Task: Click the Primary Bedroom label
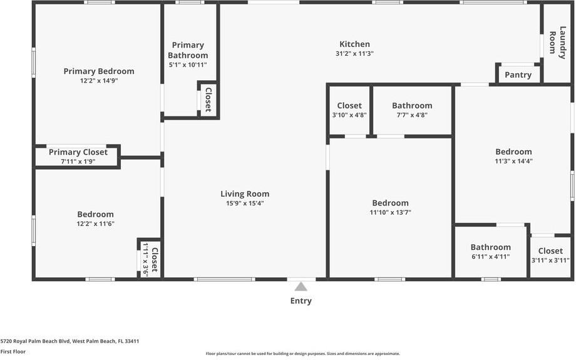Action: click(x=98, y=71)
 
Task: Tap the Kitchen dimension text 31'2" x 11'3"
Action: click(x=354, y=54)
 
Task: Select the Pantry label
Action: click(x=518, y=75)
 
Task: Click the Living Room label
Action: click(x=245, y=194)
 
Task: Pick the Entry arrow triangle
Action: click(x=301, y=286)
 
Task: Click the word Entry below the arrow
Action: click(x=301, y=301)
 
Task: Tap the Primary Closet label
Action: click(x=78, y=152)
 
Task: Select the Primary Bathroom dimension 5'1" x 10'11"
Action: click(x=188, y=64)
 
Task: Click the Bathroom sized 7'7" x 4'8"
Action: click(x=412, y=106)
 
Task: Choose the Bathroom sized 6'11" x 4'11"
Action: click(x=491, y=247)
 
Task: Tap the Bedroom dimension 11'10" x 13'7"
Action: click(x=390, y=212)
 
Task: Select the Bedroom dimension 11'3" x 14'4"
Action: click(x=513, y=161)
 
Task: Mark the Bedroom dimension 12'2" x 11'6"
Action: click(x=95, y=224)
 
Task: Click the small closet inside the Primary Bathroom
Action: click(x=208, y=100)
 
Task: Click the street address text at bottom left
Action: click(x=69, y=341)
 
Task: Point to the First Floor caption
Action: click(x=13, y=352)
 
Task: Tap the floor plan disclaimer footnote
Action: click(x=303, y=354)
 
